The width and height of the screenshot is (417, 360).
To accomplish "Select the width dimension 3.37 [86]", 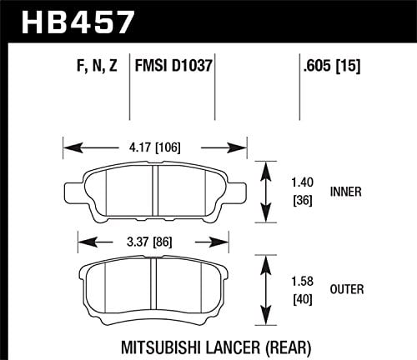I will [155, 244].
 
